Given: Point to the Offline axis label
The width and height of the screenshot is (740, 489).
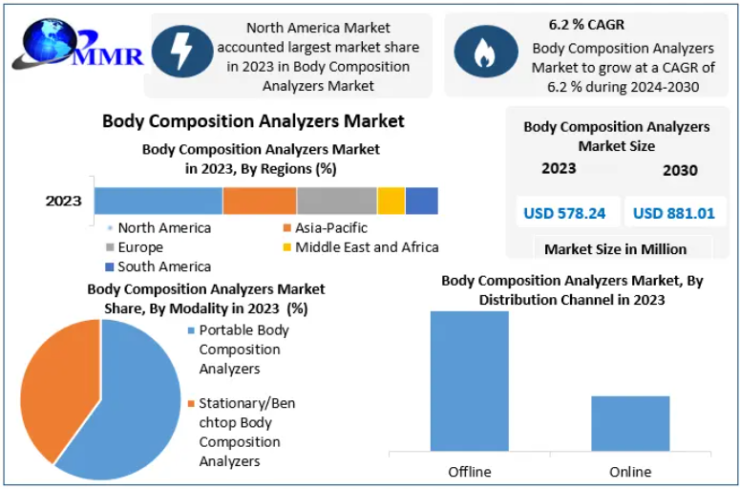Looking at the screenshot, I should coord(469,472).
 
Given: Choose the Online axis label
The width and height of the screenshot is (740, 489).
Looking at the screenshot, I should coord(630,472).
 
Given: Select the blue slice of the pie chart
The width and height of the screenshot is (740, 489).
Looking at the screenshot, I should coord(124,401).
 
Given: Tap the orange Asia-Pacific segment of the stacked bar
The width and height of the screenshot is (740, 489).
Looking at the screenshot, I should coord(260,201).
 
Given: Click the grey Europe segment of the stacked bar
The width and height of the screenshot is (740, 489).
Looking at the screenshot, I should coord(336,201).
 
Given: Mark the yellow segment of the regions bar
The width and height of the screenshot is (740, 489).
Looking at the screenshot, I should coord(391,201).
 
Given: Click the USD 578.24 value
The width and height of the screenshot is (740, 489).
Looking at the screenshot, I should coord(564,213).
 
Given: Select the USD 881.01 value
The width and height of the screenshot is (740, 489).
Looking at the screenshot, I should coord(674,213).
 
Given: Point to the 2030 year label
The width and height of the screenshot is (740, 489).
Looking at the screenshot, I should coord(680,170).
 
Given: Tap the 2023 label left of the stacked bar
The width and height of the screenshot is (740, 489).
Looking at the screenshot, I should coord(64,202).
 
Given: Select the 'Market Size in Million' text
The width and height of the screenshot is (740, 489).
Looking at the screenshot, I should coord(615,249).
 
